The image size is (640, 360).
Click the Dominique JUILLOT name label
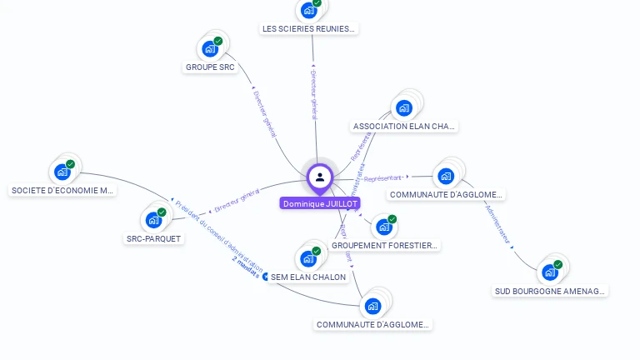pos(320,203)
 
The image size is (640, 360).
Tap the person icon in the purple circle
pos(320,177)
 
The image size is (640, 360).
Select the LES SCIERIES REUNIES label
pos(309,28)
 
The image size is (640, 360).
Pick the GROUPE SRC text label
pos(210,67)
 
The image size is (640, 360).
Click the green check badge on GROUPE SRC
pos(218,41)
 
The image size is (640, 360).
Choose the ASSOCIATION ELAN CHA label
pos(405,127)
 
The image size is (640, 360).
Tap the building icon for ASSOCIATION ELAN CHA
pos(404,107)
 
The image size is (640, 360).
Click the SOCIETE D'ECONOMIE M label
pos(62,190)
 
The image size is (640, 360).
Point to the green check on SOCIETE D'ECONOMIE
pos(71,164)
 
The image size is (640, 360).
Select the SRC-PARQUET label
pos(153,238)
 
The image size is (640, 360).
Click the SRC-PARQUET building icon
pos(152,220)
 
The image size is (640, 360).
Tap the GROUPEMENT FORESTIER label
pos(384,245)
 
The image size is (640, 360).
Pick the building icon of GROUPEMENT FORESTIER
pos(382,227)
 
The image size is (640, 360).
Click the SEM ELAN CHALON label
pos(308,277)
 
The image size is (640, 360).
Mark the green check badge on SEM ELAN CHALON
pos(317,251)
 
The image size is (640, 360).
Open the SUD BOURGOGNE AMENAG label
pos(550,291)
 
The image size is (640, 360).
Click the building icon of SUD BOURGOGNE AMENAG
pos(549,272)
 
